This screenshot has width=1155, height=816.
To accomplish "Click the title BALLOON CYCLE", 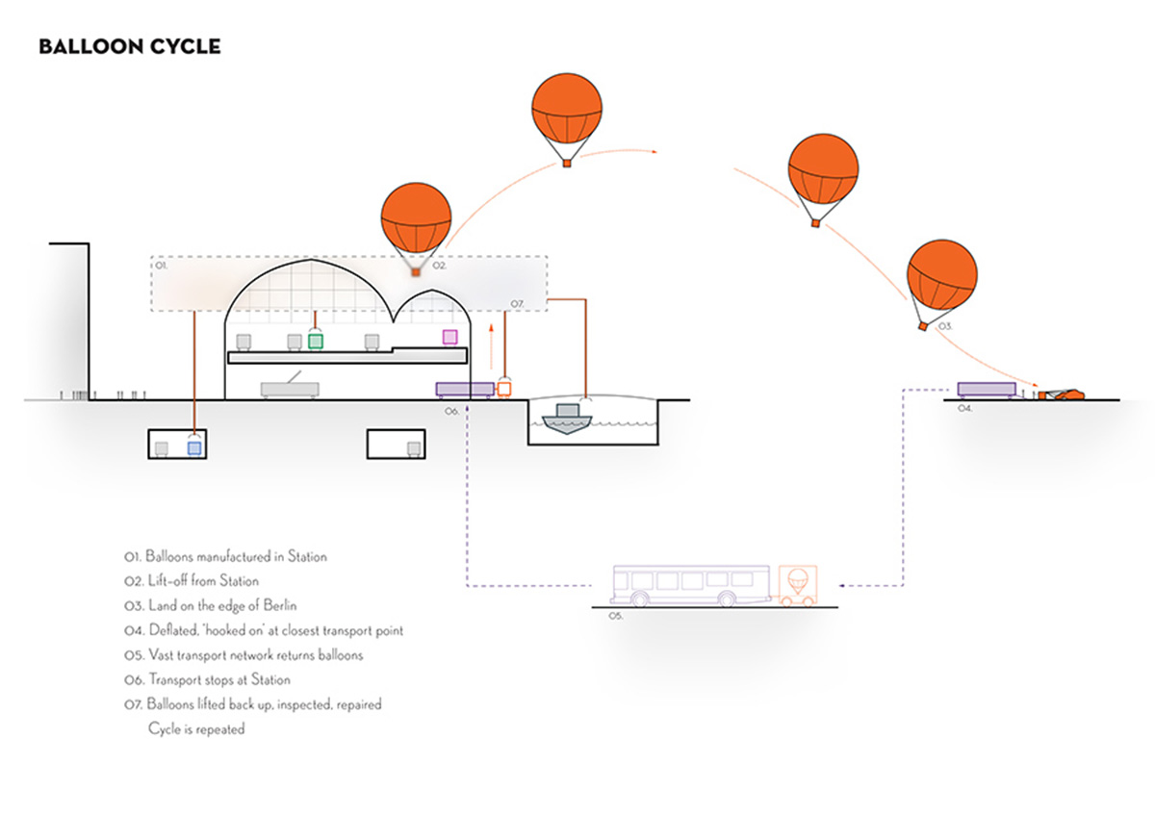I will click(x=130, y=46).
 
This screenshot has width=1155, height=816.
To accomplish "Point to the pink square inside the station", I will click(x=449, y=337).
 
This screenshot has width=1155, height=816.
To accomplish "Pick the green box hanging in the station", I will click(x=316, y=340).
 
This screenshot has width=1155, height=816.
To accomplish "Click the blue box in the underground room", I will click(x=194, y=448).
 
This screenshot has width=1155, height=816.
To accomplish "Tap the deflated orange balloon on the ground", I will click(x=1063, y=394).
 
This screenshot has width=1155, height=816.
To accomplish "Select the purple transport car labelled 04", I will click(x=986, y=389).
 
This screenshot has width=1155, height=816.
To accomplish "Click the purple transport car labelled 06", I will click(x=465, y=389).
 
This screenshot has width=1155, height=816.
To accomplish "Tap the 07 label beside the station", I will click(x=516, y=304).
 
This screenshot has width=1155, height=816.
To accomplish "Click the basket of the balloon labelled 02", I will click(x=416, y=273).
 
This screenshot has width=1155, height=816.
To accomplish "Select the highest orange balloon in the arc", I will click(x=568, y=111).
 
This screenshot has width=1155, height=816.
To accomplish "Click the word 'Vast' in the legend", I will click(x=163, y=655).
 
